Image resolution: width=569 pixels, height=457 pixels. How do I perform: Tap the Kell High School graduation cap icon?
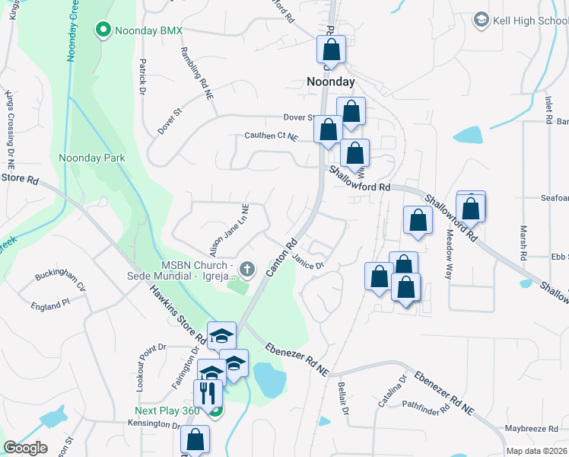[x=480, y=19]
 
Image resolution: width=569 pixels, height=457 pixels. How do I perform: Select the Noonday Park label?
[x=91, y=158]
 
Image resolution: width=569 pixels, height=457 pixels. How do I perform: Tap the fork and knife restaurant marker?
[x=207, y=393]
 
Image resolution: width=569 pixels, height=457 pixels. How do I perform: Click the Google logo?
[x=25, y=447]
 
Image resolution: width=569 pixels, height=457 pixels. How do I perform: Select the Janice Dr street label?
[x=308, y=261]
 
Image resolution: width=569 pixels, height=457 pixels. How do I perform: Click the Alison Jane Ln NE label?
[x=230, y=229]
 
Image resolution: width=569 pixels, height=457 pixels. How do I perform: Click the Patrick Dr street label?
[x=141, y=77]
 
